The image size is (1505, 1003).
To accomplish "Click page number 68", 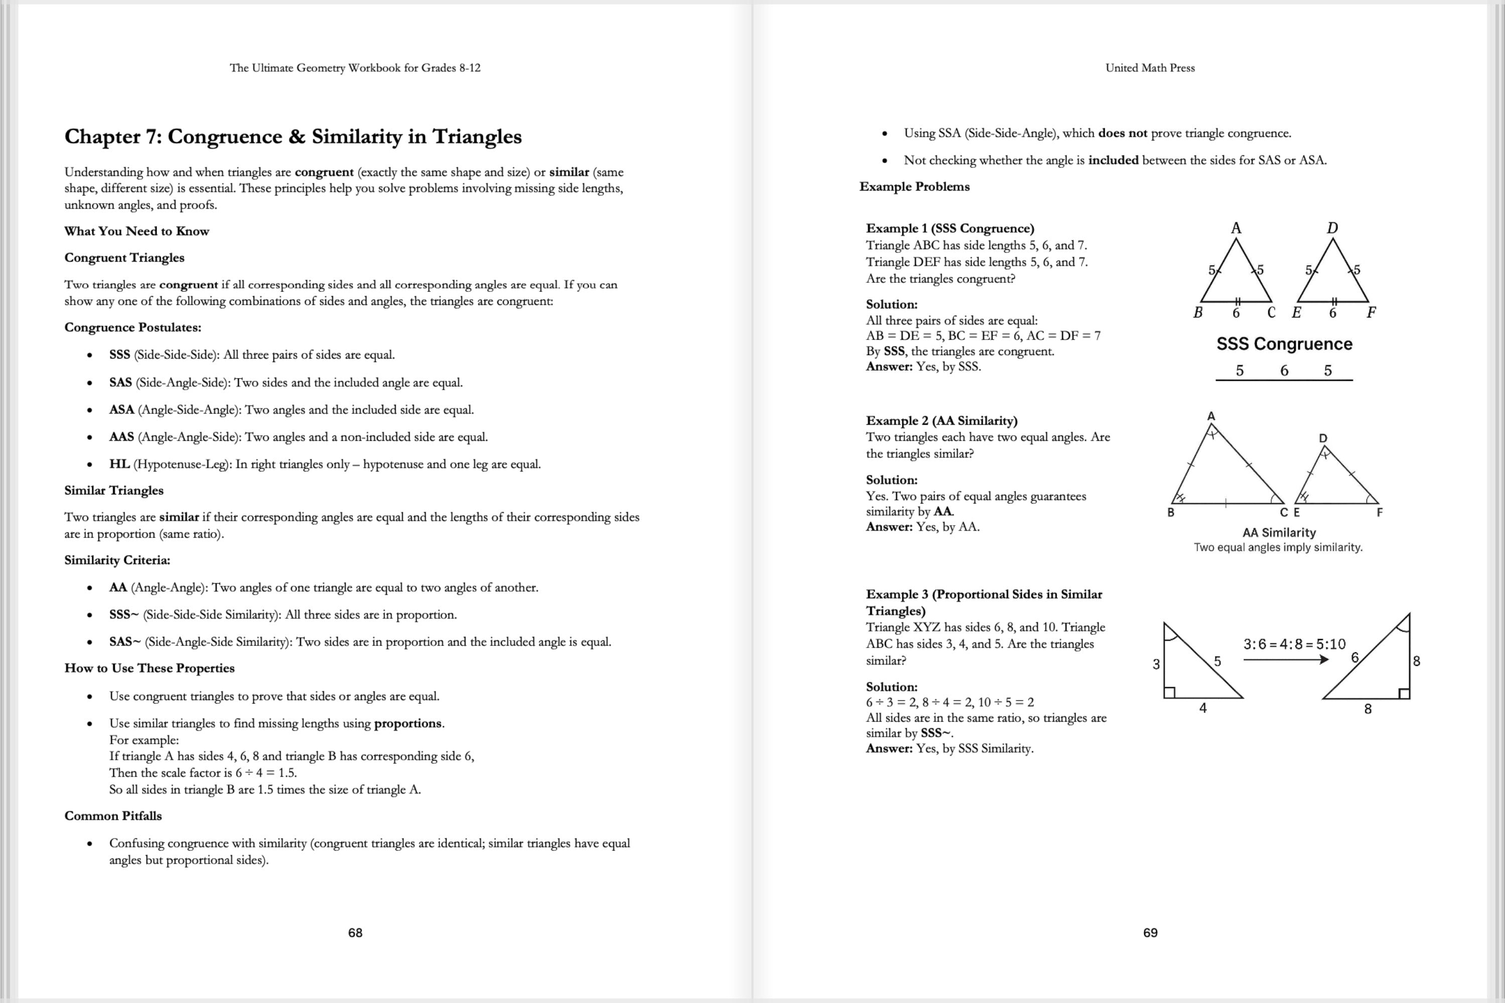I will tap(355, 933).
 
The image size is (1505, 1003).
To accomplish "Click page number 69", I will tap(1150, 933).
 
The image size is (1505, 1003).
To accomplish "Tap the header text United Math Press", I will tap(1150, 68).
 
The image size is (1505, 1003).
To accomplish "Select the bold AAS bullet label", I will tap(121, 437).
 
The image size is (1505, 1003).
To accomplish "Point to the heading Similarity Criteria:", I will tap(117, 560).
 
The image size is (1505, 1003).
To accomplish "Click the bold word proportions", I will tap(407, 724).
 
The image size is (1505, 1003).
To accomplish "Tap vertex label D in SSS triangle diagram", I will tap(1332, 228).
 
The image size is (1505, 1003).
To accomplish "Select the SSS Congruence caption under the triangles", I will tap(1284, 344).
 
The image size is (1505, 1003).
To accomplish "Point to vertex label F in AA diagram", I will tap(1379, 513).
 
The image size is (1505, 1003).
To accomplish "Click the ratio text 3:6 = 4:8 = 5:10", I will tap(1294, 644).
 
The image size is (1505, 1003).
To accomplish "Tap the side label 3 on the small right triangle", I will tap(1156, 664).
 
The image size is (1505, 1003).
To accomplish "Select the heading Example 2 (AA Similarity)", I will tap(941, 420).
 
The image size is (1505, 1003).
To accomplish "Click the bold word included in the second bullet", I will tap(1113, 160).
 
